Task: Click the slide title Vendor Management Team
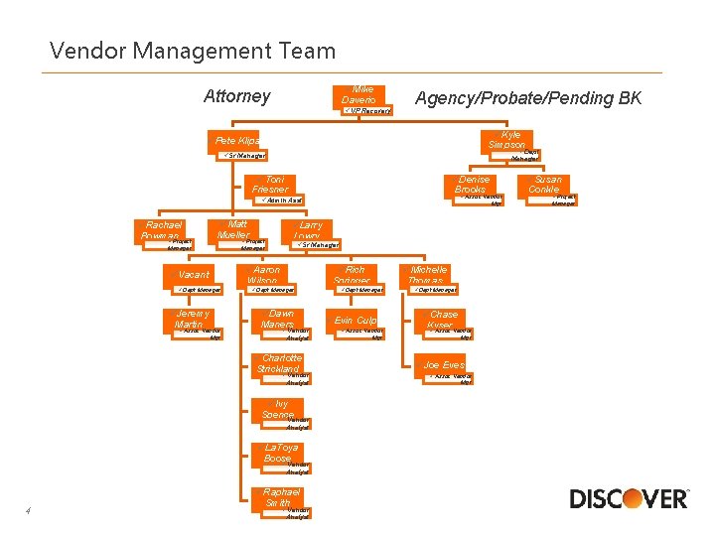click(193, 50)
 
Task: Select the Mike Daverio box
click(359, 94)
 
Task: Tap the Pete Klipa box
click(237, 142)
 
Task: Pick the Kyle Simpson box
click(507, 140)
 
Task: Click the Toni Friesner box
click(270, 185)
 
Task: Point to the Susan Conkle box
click(544, 185)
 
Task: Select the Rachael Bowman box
click(160, 230)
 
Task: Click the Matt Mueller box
click(237, 229)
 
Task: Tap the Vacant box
click(195, 274)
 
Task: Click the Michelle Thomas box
click(428, 274)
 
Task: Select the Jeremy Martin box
click(189, 319)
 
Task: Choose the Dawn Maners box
click(277, 319)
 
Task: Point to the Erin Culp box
click(355, 321)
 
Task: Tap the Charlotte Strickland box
click(281, 363)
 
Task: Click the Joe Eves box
click(444, 364)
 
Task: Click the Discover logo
click(629, 497)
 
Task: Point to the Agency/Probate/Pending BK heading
click(528, 97)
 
